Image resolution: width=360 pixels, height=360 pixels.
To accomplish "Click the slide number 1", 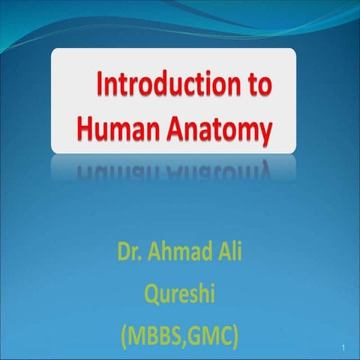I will [x=341, y=348].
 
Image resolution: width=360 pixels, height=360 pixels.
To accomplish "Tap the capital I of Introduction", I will [x=99, y=86].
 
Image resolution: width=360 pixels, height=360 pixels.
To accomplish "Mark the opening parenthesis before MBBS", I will [x=123, y=331].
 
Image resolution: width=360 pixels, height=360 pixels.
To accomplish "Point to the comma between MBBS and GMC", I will [x=187, y=337].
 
